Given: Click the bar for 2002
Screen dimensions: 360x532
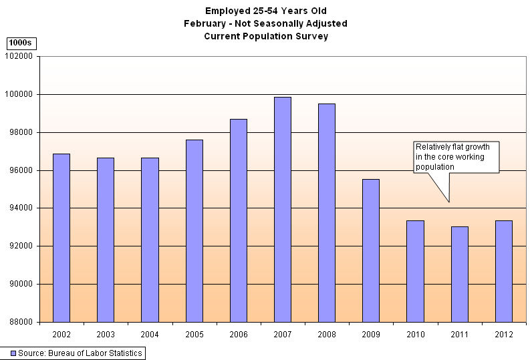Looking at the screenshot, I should coord(61,238).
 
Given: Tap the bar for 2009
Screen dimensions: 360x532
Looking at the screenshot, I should coord(371,250).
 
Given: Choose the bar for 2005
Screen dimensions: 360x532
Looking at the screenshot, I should coord(194,230).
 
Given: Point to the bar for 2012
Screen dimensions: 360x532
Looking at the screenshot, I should coord(504,271).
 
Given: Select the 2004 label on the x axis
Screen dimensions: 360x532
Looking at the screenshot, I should coord(150,334).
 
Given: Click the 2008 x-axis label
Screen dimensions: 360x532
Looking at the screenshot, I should coord(327,334).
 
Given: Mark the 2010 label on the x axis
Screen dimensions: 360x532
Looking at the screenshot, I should coord(415,334).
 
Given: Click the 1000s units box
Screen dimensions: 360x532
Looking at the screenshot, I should coord(21,43).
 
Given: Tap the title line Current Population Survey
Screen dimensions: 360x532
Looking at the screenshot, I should coord(266,37).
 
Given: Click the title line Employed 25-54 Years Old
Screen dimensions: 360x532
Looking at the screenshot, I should coord(266,11).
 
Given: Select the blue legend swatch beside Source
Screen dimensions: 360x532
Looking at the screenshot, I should coord(12,353).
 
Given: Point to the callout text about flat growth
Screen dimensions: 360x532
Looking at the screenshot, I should coord(456,157).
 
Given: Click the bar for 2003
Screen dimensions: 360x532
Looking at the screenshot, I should coord(106,240).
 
